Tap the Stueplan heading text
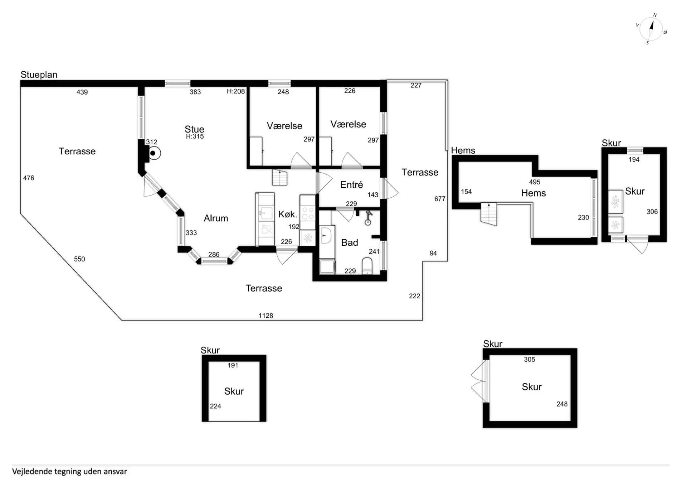(39, 75)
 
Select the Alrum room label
(216, 218)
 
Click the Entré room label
(351, 184)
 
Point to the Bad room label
(350, 242)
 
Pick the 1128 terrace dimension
(265, 316)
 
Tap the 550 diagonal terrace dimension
(79, 259)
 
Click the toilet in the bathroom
(367, 266)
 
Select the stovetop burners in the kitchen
(307, 213)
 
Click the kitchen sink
(265, 213)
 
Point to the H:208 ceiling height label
(236, 91)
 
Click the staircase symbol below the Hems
(489, 214)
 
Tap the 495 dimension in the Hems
(535, 182)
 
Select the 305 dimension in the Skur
(530, 359)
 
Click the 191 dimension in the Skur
(233, 365)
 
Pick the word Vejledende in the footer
(32, 471)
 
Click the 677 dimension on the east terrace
(440, 199)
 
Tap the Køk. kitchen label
(288, 214)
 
